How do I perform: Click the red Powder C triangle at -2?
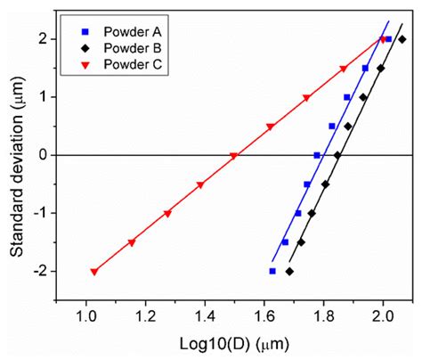coord(94,272)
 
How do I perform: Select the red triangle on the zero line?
coord(233,156)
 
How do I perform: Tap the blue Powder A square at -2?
coord(272,271)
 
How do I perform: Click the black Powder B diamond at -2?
coord(289,271)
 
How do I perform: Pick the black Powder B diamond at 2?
coord(402,39)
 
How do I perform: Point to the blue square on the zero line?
coord(317,155)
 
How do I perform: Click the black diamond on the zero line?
coord(337,155)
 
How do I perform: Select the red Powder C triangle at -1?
coord(167,214)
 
